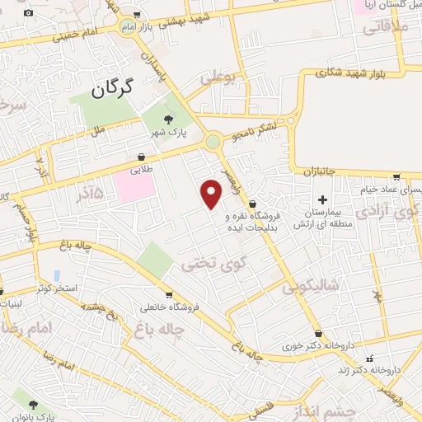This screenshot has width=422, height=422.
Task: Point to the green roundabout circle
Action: point(213,141)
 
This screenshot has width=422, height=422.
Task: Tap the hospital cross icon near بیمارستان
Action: point(322,200)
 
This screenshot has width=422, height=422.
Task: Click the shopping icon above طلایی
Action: point(143,157)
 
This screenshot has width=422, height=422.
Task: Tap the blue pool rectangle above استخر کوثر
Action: point(56,274)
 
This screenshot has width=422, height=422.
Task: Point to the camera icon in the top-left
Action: point(29,13)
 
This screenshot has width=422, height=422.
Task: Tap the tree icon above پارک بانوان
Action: point(33,404)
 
